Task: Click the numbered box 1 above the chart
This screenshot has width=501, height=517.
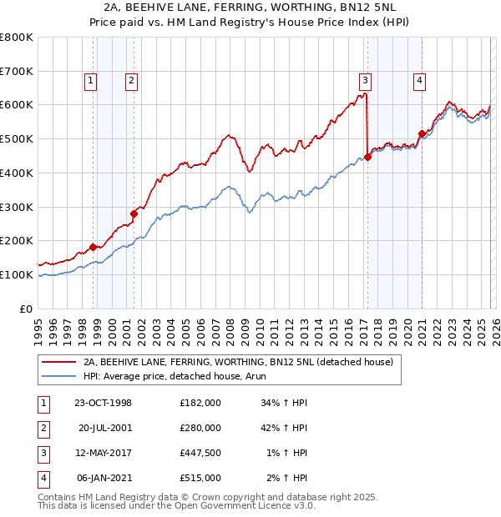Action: point(89,81)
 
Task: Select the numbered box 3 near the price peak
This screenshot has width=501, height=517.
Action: point(366,81)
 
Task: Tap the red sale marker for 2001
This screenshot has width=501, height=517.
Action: point(134,213)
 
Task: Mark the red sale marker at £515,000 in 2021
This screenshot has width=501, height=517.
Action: point(422,133)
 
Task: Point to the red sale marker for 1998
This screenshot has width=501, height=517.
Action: point(94,247)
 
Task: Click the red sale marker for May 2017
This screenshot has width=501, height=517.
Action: point(368,156)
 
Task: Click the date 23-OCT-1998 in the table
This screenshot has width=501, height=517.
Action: point(103,403)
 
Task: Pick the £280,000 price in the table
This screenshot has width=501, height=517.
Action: point(200,428)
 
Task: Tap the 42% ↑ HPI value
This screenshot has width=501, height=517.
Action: point(284,428)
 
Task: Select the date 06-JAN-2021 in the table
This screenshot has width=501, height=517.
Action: point(103,478)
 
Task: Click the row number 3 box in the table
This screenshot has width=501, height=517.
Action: point(43,453)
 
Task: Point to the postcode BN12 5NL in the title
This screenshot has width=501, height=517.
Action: point(338,8)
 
